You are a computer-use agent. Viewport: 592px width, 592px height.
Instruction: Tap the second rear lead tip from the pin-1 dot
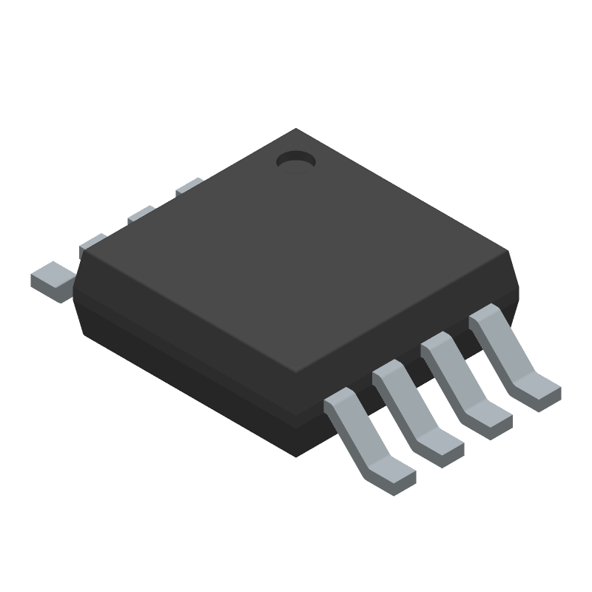click(141, 215)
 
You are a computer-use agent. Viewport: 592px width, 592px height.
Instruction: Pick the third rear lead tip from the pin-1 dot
click(92, 243)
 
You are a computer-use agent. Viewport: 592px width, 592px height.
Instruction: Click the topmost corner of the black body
click(296, 129)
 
